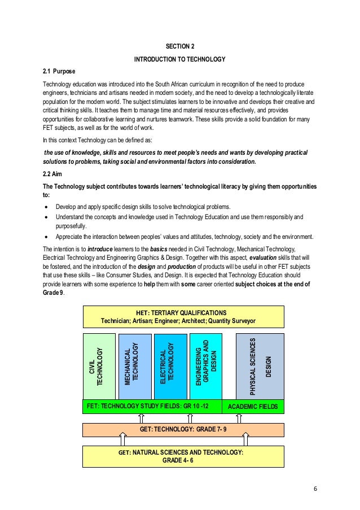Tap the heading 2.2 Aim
pos(53,175)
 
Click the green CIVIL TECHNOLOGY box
pos(99,367)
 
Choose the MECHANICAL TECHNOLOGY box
pos(135,367)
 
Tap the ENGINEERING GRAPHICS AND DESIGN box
pos(205,367)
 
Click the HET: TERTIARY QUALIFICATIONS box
pos(183,316)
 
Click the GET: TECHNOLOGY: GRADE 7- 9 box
pos(183,429)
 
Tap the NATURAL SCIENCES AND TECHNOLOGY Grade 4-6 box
pos(183,456)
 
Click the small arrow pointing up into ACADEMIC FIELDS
pos(239,419)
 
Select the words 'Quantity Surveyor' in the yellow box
pos(232,320)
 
